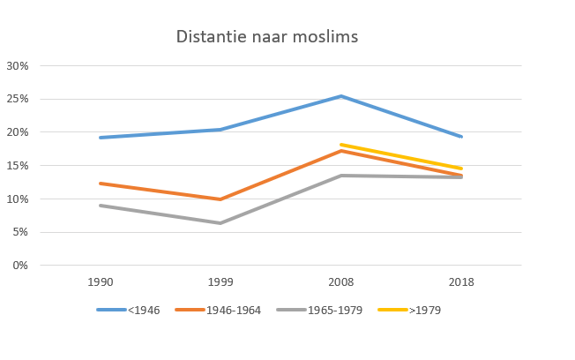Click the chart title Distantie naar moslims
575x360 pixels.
tap(266, 37)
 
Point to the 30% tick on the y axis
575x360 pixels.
tap(18, 66)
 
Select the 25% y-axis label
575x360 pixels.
tap(18, 99)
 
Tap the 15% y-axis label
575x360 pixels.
tap(18, 166)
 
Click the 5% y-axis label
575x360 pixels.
tap(20, 232)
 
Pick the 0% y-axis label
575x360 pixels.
tap(20, 266)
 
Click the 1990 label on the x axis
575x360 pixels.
tap(100, 283)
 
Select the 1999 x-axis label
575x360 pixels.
tap(220, 283)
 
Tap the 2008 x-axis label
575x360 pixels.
tap(341, 283)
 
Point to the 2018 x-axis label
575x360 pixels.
tap(461, 283)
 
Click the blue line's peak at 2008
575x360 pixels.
tap(341, 96)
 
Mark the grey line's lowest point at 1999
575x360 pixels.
tap(220, 223)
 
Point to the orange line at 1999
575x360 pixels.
tap(220, 199)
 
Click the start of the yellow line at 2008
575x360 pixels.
tap(341, 145)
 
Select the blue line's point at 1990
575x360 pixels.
tap(100, 138)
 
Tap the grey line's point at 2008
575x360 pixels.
tap(341, 176)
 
